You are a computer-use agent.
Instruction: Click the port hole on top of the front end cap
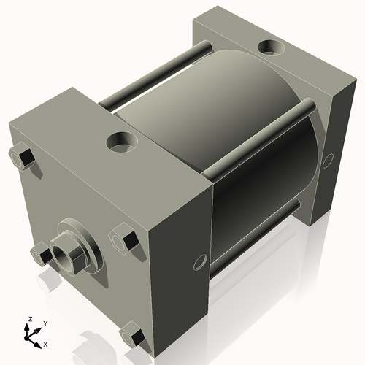tap(121, 141)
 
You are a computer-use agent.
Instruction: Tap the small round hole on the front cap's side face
tap(198, 261)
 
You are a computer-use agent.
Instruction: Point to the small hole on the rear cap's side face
tap(328, 158)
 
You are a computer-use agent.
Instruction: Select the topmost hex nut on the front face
tap(20, 158)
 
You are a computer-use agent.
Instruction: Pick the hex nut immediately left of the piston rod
tap(41, 254)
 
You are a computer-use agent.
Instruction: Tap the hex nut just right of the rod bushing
tap(123, 240)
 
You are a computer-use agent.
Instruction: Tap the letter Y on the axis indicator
tap(45, 323)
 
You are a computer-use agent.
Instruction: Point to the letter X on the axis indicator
tap(45, 343)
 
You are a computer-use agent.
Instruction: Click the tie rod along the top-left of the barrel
tap(153, 77)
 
